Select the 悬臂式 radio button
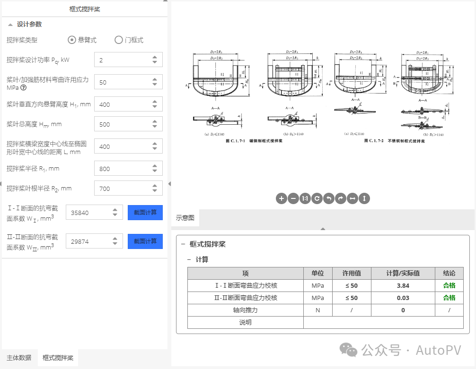click(72, 40)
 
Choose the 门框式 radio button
click(119, 40)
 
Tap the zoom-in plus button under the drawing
click(282, 198)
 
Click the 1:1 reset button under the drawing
click(305, 198)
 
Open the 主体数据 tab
click(19, 358)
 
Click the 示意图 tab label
click(185, 218)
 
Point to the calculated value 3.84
click(403, 285)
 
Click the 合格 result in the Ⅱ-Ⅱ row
click(449, 298)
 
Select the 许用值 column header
click(352, 273)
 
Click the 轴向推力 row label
click(245, 310)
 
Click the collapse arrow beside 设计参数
click(10, 25)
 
